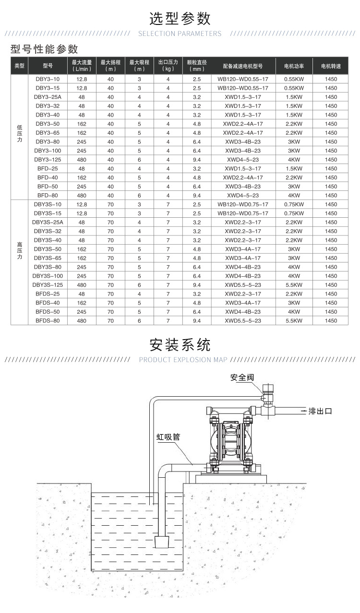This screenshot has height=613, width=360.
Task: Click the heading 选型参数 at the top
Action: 180,19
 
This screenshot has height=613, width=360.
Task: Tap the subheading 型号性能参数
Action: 44,49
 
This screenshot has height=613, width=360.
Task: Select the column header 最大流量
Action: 82,65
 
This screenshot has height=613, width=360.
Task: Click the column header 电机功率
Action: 294,65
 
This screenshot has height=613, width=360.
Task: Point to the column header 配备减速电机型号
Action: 243,65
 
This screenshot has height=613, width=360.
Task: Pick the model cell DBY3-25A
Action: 48,97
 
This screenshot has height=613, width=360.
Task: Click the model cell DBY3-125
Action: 48,159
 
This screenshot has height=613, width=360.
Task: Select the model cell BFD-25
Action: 48,168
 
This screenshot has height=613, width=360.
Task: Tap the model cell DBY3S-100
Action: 48,276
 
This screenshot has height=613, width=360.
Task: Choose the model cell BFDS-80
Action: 48,320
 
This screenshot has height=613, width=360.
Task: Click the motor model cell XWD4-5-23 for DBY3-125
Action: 243,159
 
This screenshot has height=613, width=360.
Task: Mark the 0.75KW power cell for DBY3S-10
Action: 294,204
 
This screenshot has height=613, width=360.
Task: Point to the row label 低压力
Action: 20,133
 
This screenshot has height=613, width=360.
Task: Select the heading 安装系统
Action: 180,344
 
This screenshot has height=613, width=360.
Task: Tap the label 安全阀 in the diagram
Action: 241,377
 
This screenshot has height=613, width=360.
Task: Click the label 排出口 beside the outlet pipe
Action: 320,411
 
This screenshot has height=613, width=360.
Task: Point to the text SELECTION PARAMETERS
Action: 180,34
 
